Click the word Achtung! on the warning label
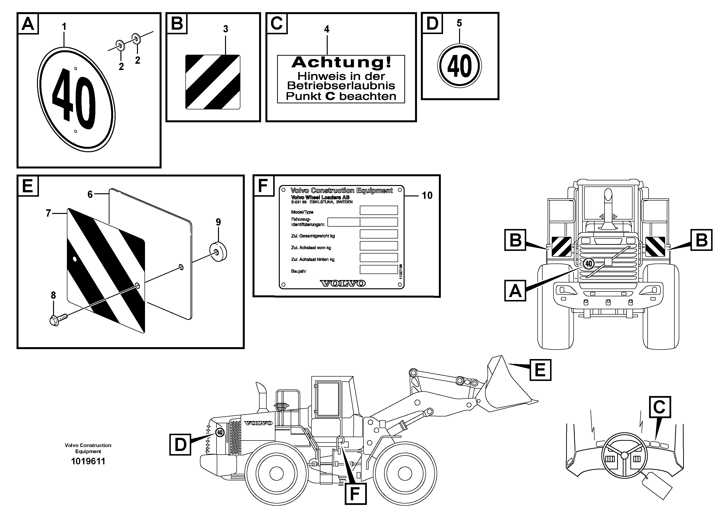click(341, 62)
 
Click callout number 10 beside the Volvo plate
click(427, 196)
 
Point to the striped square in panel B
click(213, 82)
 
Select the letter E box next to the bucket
click(540, 370)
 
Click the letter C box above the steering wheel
click(660, 407)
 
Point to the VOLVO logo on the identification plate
click(343, 283)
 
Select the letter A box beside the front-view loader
click(515, 291)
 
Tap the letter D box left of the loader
click(180, 445)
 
